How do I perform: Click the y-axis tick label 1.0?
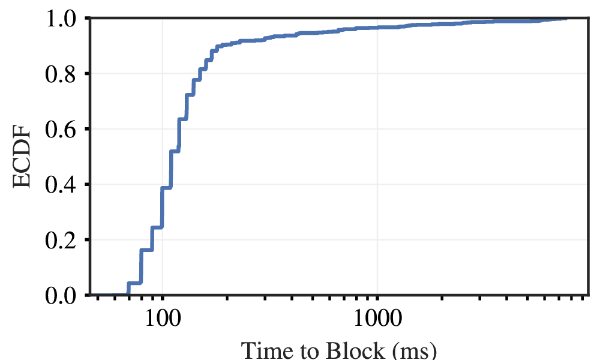[x=64, y=19]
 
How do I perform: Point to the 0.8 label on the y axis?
[x=64, y=74]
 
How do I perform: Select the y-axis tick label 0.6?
[x=64, y=129]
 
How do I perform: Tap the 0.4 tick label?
[x=64, y=184]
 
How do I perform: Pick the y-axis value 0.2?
[x=64, y=239]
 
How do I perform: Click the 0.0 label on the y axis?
[x=64, y=295]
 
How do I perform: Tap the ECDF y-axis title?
[x=22, y=157]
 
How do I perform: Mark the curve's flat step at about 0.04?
[x=134, y=283]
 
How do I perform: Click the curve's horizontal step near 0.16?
[x=146, y=250]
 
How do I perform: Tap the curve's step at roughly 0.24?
[x=157, y=227]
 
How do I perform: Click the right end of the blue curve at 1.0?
[x=566, y=19]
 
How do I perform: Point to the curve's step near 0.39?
[x=166, y=188]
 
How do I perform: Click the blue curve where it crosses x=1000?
[x=377, y=28]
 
